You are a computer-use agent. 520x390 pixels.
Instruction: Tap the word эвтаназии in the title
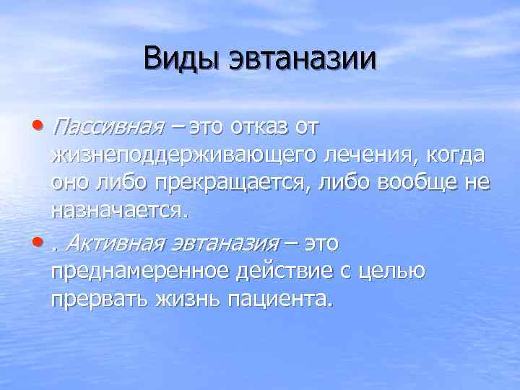pos(303,58)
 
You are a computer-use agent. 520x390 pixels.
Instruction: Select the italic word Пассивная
pos(105,127)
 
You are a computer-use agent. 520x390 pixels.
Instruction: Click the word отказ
pos(263,127)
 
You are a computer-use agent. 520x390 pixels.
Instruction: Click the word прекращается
pos(233,183)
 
